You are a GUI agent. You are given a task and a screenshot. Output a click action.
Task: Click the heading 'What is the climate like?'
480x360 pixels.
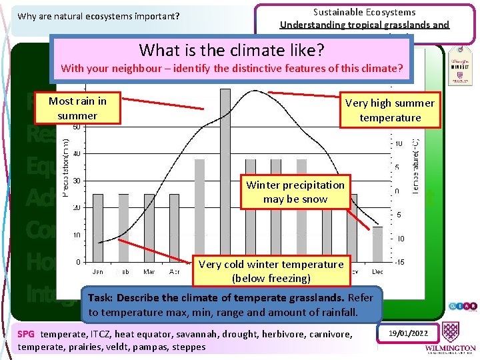[x=231, y=49]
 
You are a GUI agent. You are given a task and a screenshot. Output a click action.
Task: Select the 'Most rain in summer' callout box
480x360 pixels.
[x=77, y=109]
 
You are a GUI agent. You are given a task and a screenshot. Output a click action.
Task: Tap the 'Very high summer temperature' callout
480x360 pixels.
[x=390, y=110]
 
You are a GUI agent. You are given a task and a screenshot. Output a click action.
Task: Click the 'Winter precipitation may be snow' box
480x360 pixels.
[x=295, y=192]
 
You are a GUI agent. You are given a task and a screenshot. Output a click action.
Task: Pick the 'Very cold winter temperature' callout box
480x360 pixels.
[x=271, y=271]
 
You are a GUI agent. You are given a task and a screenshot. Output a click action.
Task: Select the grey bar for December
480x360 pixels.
[x=378, y=244]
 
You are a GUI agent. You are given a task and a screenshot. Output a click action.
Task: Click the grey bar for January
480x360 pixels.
[x=98, y=227]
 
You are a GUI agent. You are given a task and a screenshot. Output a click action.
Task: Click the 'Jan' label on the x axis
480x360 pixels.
[x=98, y=272]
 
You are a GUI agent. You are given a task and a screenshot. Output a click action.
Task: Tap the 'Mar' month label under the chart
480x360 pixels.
[x=149, y=272]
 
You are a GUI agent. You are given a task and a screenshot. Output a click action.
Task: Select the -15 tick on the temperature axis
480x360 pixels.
[x=399, y=262]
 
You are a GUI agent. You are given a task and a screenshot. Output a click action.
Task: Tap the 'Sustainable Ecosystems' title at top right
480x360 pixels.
[x=364, y=12]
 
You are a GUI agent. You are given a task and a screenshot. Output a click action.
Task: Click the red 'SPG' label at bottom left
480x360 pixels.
[x=26, y=334]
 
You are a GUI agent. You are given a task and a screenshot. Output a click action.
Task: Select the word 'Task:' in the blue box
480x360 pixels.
[x=101, y=297]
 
